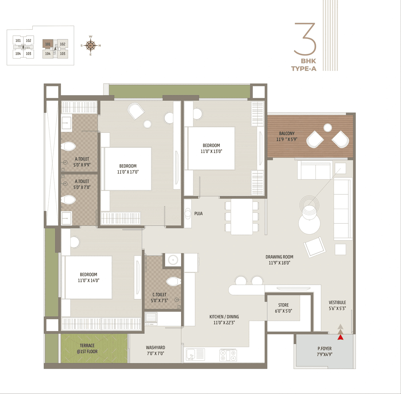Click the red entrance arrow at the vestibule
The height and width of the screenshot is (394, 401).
(341, 337)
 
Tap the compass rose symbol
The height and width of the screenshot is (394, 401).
(91, 46)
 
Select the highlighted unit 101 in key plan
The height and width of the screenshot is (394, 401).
(48, 44)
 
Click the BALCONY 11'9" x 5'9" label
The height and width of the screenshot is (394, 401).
(287, 136)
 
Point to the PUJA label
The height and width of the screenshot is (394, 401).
(198, 214)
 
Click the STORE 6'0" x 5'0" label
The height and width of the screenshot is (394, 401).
(284, 308)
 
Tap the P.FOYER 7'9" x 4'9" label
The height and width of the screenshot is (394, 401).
(325, 351)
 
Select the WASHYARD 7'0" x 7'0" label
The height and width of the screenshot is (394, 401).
(155, 351)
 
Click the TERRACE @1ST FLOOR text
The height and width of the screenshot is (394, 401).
(87, 349)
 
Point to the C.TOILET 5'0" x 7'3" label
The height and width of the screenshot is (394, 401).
(159, 298)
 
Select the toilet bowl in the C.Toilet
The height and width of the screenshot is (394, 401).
(173, 282)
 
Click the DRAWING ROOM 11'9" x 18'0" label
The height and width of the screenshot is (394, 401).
(279, 260)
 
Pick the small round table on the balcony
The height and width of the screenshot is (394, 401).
(328, 128)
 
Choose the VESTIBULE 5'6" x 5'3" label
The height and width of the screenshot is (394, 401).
(337, 305)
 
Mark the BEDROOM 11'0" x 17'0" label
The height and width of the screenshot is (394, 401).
(128, 169)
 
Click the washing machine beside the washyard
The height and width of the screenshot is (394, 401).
(151, 318)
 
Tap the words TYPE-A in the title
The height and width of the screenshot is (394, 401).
(304, 69)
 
